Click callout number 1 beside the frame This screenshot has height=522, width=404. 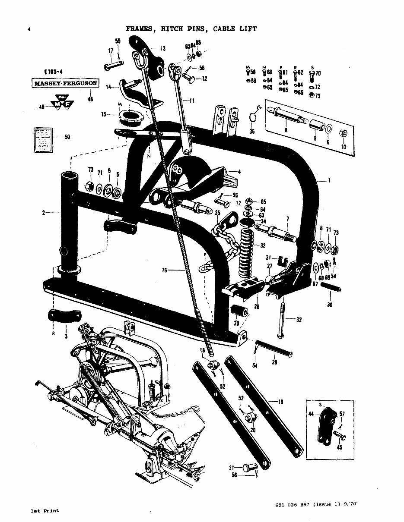(329, 181)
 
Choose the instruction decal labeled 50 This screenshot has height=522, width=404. (42, 139)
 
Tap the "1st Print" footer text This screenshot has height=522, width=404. (45, 511)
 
